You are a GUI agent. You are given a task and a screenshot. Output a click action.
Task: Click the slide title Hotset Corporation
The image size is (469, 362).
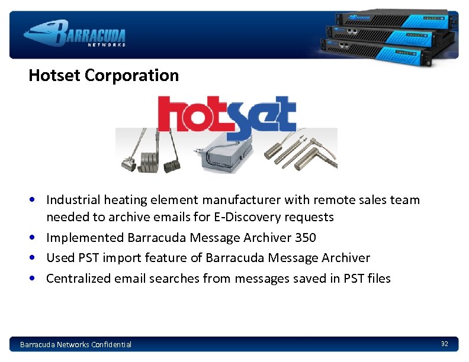(x=104, y=76)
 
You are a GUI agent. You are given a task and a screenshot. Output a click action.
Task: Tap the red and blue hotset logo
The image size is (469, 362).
(x=226, y=114)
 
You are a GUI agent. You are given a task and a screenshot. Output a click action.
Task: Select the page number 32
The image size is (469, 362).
(x=444, y=344)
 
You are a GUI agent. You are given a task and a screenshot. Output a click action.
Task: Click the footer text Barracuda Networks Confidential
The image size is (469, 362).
(x=76, y=344)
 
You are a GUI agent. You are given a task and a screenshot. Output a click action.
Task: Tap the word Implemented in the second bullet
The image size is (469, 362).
(x=85, y=238)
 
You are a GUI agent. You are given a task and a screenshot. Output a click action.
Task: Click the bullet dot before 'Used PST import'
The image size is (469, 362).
(x=37, y=258)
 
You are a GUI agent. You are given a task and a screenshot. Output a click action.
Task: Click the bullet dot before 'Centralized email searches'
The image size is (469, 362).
(x=37, y=278)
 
